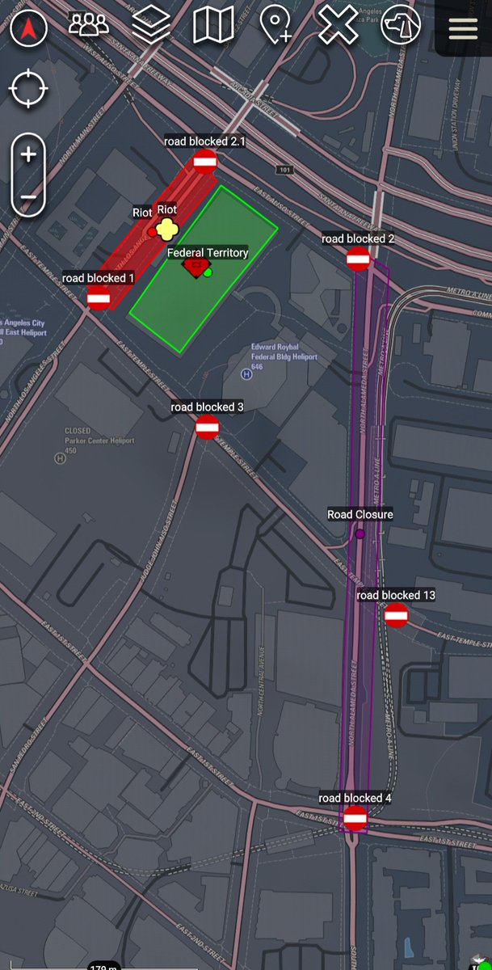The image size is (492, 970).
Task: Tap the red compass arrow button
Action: click(28, 29)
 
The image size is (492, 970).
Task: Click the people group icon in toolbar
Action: click(89, 25)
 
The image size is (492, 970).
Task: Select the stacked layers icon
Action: click(151, 25)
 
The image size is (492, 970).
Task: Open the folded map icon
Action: click(213, 25)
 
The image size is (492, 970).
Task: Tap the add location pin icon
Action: click(275, 26)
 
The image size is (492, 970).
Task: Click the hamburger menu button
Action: click(463, 27)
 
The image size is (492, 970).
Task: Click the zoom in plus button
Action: click(28, 154)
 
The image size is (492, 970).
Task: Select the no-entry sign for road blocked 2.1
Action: click(205, 161)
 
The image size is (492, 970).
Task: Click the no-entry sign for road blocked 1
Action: click(99, 297)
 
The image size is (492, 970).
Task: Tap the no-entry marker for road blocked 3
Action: click(208, 427)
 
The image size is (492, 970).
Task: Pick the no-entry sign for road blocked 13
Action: click(396, 615)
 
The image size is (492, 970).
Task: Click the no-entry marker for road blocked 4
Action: click(355, 818)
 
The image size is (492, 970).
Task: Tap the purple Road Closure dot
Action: click(360, 533)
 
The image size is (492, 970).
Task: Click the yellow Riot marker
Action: click(166, 230)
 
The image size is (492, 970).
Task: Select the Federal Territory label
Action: click(208, 253)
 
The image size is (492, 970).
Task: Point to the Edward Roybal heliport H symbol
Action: click(246, 373)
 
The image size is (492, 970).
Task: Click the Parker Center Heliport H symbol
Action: click(59, 458)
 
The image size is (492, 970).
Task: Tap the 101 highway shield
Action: click(283, 171)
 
